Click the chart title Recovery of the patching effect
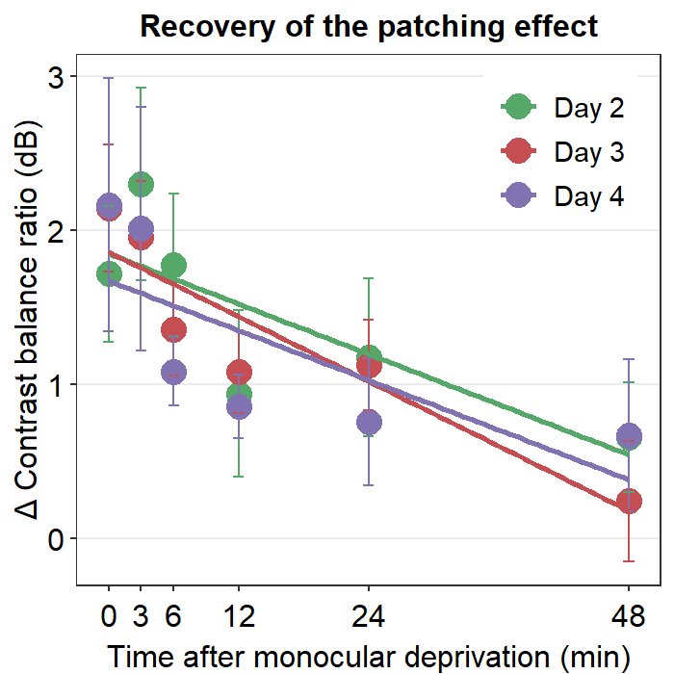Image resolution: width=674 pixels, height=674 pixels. pos(369,26)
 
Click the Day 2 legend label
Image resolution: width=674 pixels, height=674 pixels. pos(589,108)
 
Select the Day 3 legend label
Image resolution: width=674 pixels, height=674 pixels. pos(589,152)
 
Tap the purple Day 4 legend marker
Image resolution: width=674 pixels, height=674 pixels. pos(520,196)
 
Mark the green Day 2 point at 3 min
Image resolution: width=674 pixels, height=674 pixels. pos(141,184)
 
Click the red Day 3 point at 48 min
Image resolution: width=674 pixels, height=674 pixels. pos(629,502)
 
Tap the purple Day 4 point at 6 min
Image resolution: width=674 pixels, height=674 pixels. pos(173,372)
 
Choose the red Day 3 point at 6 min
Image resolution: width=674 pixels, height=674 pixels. pos(173,330)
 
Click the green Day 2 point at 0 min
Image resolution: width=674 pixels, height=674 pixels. pos(109,274)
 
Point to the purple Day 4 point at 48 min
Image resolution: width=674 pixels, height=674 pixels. pos(629,436)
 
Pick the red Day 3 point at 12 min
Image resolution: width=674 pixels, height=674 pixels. pos(239,372)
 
